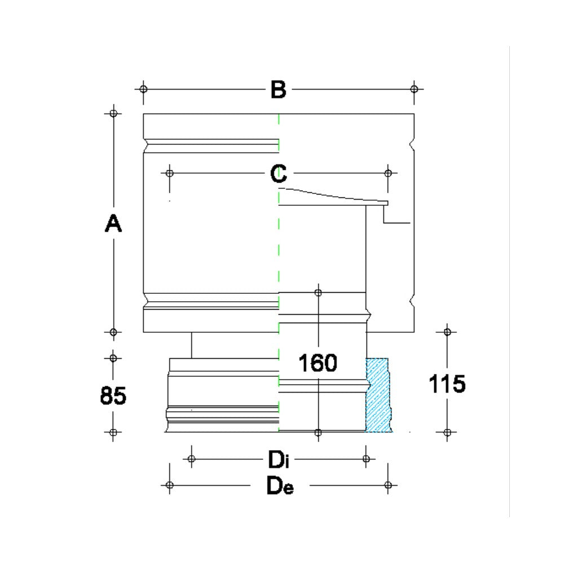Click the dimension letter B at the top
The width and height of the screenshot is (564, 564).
tap(278, 89)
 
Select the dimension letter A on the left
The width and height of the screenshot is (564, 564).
tap(113, 224)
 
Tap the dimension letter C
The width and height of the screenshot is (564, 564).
tap(278, 173)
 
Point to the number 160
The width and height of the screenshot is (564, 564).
tap(318, 363)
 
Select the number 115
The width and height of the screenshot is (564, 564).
tap(447, 385)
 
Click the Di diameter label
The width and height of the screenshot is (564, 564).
tap(278, 459)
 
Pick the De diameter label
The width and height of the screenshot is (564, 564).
tap(280, 486)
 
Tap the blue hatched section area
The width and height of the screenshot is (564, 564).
tap(377, 395)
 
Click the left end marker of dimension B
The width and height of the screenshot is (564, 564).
tap(143, 89)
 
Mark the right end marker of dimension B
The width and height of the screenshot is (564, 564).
tap(414, 89)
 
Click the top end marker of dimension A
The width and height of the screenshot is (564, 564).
tap(114, 113)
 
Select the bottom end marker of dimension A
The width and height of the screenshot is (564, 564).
tap(114, 332)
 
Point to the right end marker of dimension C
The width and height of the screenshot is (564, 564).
tap(387, 173)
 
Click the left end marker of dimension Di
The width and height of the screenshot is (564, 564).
tap(191, 459)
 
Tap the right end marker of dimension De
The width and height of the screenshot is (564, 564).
tap(387, 484)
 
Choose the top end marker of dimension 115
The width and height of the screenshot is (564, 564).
tap(447, 332)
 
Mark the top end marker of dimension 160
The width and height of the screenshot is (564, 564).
tap(318, 292)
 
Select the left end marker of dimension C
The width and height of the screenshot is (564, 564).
tap(169, 173)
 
